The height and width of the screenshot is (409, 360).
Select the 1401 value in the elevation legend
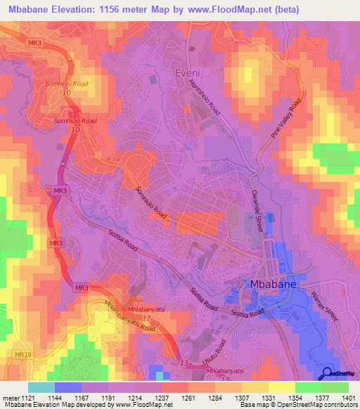pos(348,398)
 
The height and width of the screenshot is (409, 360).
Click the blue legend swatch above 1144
pos(68,387)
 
